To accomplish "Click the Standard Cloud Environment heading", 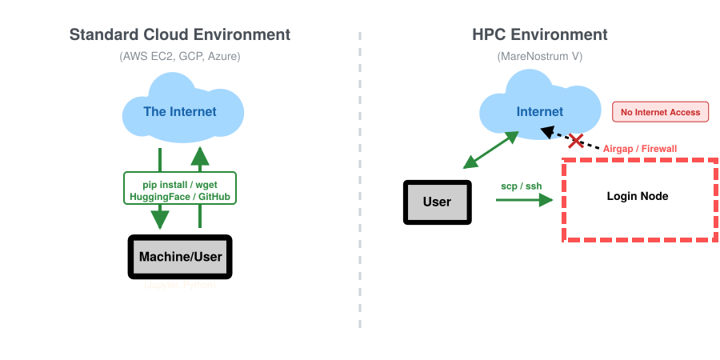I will (x=179, y=35).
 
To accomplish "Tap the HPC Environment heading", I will (x=539, y=35).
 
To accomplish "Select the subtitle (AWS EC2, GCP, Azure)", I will (x=179, y=57).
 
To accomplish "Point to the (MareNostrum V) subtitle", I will (x=539, y=57).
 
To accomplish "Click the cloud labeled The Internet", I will (x=180, y=110).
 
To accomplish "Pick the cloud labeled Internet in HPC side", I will (x=539, y=110).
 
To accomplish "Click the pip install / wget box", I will (x=180, y=188).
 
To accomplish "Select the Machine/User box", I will (x=180, y=257).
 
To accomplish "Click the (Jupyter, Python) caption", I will (x=180, y=285).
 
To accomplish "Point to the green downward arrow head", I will (x=161, y=218).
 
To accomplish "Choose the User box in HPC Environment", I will (x=437, y=202).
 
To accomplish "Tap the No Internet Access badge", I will (x=661, y=112).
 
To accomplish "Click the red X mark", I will (x=575, y=142).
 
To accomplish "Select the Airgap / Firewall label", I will (x=639, y=149).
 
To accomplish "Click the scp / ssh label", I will (x=521, y=186).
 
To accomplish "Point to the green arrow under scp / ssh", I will (x=525, y=199).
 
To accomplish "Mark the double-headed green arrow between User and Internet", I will (x=491, y=150).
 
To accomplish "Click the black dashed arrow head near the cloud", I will (x=548, y=131).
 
